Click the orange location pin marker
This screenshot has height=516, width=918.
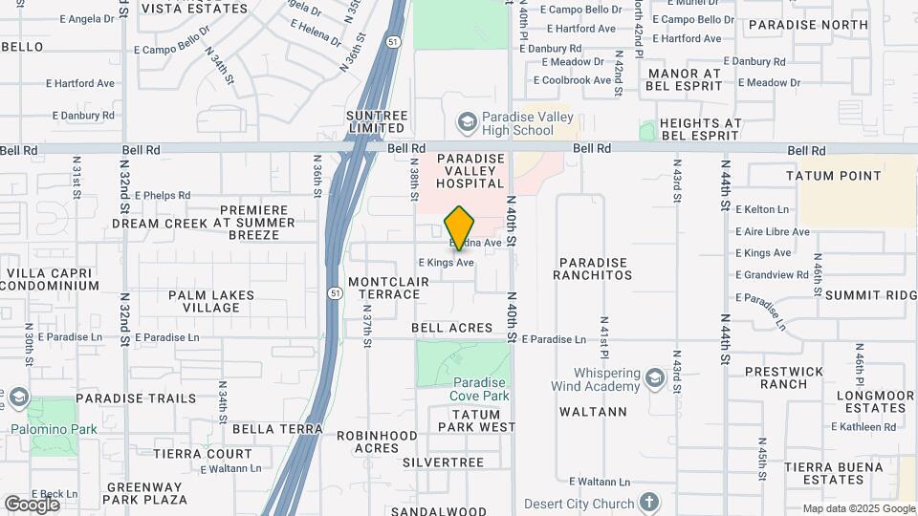coord(460,227)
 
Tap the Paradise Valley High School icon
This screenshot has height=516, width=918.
coord(467,122)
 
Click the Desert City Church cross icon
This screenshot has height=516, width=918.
coord(649,503)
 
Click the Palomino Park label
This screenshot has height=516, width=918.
coord(54,429)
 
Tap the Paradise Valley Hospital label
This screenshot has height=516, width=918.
coord(470,170)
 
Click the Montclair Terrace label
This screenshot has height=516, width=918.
coord(384,288)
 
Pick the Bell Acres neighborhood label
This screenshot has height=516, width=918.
coord(452,328)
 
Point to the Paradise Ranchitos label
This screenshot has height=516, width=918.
coord(593,269)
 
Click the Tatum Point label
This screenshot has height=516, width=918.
coord(833,176)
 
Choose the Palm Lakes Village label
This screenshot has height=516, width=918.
coord(211,301)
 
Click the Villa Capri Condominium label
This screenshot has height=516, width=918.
coord(53,279)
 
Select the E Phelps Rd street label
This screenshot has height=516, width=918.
coord(163,195)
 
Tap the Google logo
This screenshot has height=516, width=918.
coord(32,505)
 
